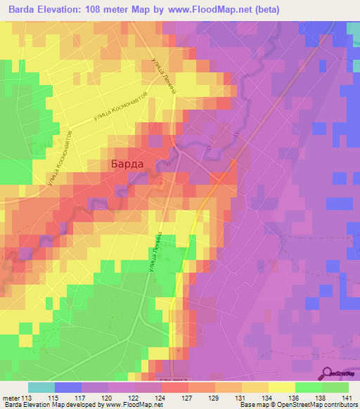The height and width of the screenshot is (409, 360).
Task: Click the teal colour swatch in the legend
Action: [x=41, y=387]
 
